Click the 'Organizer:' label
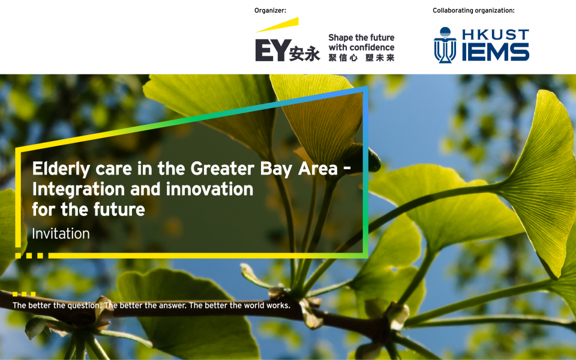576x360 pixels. (x=270, y=11)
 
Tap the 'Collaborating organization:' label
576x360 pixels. (x=473, y=11)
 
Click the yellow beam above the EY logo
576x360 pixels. (x=277, y=25)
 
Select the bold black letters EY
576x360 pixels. (x=271, y=50)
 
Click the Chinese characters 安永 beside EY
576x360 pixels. (x=305, y=54)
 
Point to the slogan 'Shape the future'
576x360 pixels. (x=361, y=37)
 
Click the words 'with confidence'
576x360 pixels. (x=361, y=47)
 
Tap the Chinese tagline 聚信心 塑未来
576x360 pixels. (x=361, y=58)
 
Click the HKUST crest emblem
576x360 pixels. (x=445, y=45)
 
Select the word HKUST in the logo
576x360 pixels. (x=495, y=35)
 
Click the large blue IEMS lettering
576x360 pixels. (x=495, y=52)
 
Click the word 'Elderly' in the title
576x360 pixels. (x=61, y=169)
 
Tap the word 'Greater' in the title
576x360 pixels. (x=223, y=169)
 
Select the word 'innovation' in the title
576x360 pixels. (x=209, y=189)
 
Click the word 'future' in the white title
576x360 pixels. (x=119, y=209)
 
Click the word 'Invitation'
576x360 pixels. (x=61, y=233)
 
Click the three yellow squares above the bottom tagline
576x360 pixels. (x=24, y=294)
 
